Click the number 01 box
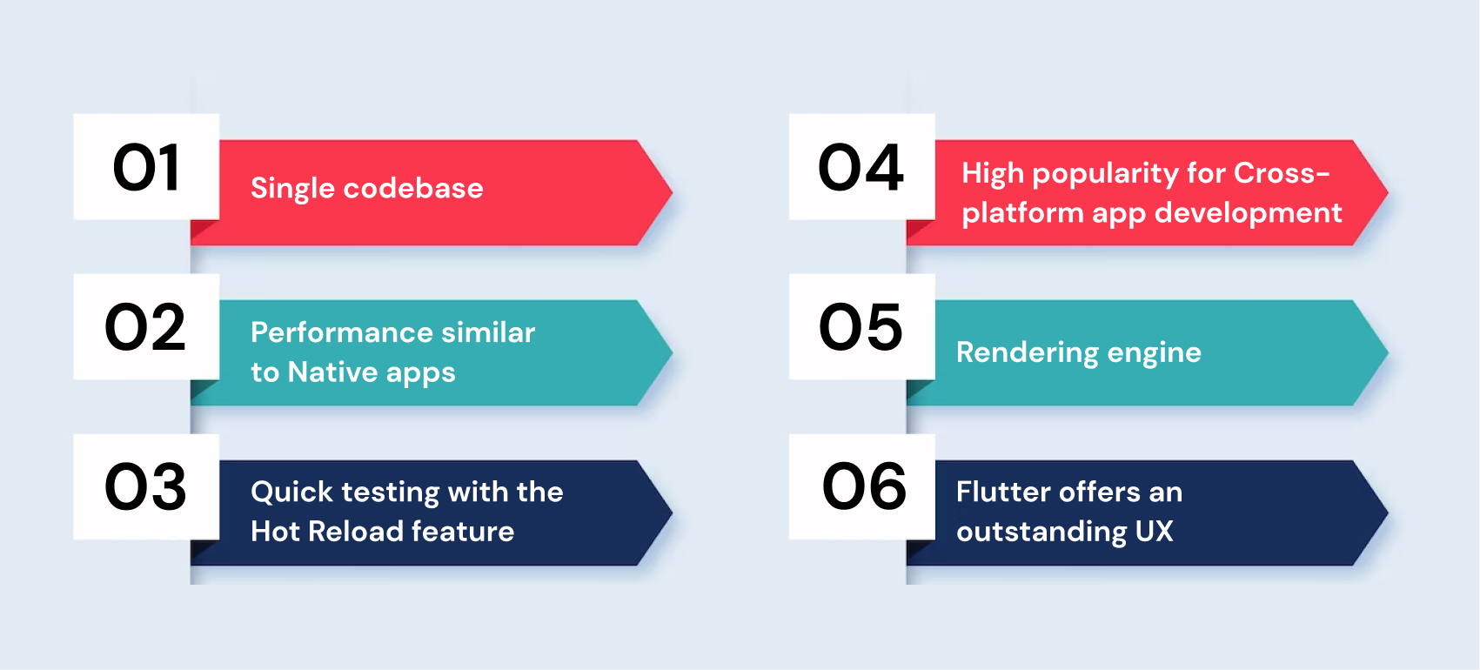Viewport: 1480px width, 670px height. [146, 167]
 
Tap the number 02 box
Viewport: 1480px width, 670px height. [146, 327]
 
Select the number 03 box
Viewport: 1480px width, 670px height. [146, 487]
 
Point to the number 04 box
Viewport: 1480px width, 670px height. [861, 167]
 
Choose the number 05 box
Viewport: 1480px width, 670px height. [861, 327]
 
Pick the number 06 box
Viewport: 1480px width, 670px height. [861, 487]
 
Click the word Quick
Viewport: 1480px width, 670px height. [291, 492]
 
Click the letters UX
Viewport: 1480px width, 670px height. [1154, 532]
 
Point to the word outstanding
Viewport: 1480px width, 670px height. [1041, 532]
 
